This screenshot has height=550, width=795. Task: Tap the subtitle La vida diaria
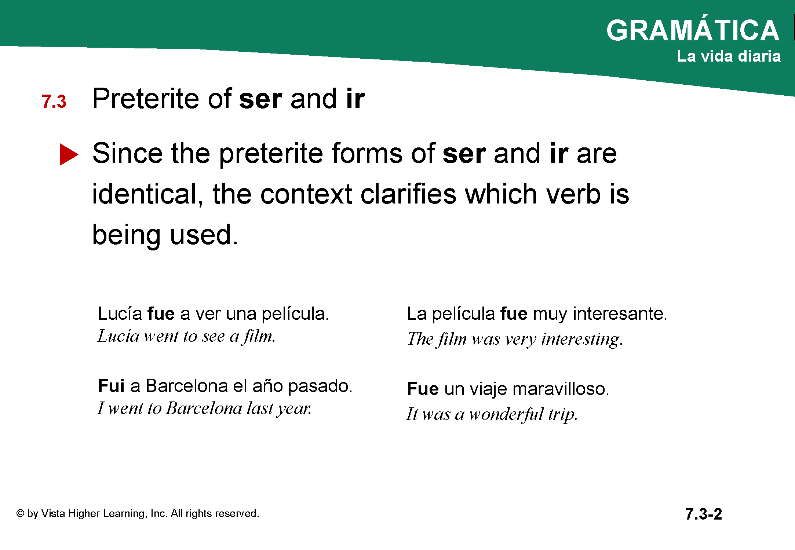[x=729, y=56]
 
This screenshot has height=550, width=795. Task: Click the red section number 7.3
[x=54, y=102]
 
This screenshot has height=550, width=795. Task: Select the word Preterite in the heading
[x=146, y=99]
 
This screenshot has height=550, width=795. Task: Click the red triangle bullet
[x=69, y=154]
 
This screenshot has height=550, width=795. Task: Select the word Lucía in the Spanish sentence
[x=120, y=313]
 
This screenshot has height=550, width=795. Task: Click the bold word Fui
[x=112, y=386]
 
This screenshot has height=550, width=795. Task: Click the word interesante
[x=620, y=313]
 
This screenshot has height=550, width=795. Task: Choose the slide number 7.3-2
[x=703, y=514]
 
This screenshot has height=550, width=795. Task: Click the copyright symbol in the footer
[x=20, y=514]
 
